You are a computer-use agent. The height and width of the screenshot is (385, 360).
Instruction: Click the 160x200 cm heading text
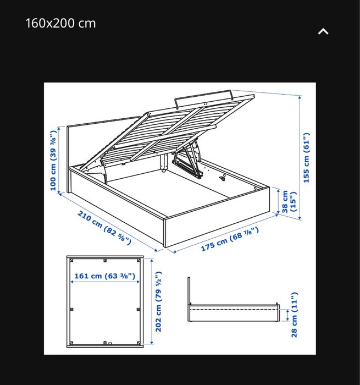[60, 23]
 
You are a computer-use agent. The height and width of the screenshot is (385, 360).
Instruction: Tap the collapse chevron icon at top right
[323, 31]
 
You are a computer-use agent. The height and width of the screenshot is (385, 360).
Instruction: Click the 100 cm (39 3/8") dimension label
[53, 161]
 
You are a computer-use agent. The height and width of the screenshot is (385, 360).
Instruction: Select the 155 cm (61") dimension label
[307, 157]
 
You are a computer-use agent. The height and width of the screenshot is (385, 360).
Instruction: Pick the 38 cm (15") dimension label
[289, 201]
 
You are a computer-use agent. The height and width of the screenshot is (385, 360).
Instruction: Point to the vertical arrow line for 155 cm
[300, 157]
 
